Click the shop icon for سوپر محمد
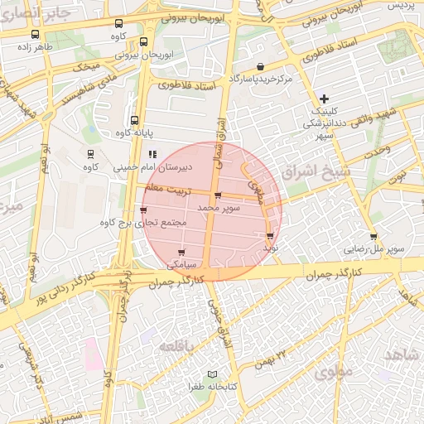[218, 196]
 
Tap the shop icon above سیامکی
[181, 253]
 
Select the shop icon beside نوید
[270, 236]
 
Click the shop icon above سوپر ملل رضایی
[373, 237]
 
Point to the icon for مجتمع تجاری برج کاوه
[144, 210]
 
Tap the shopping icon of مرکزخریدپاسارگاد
[261, 67]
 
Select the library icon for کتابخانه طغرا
[214, 375]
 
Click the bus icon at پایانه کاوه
[134, 120]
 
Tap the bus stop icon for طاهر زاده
[35, 35]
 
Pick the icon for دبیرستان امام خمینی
[152, 154]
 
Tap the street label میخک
[85, 65]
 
